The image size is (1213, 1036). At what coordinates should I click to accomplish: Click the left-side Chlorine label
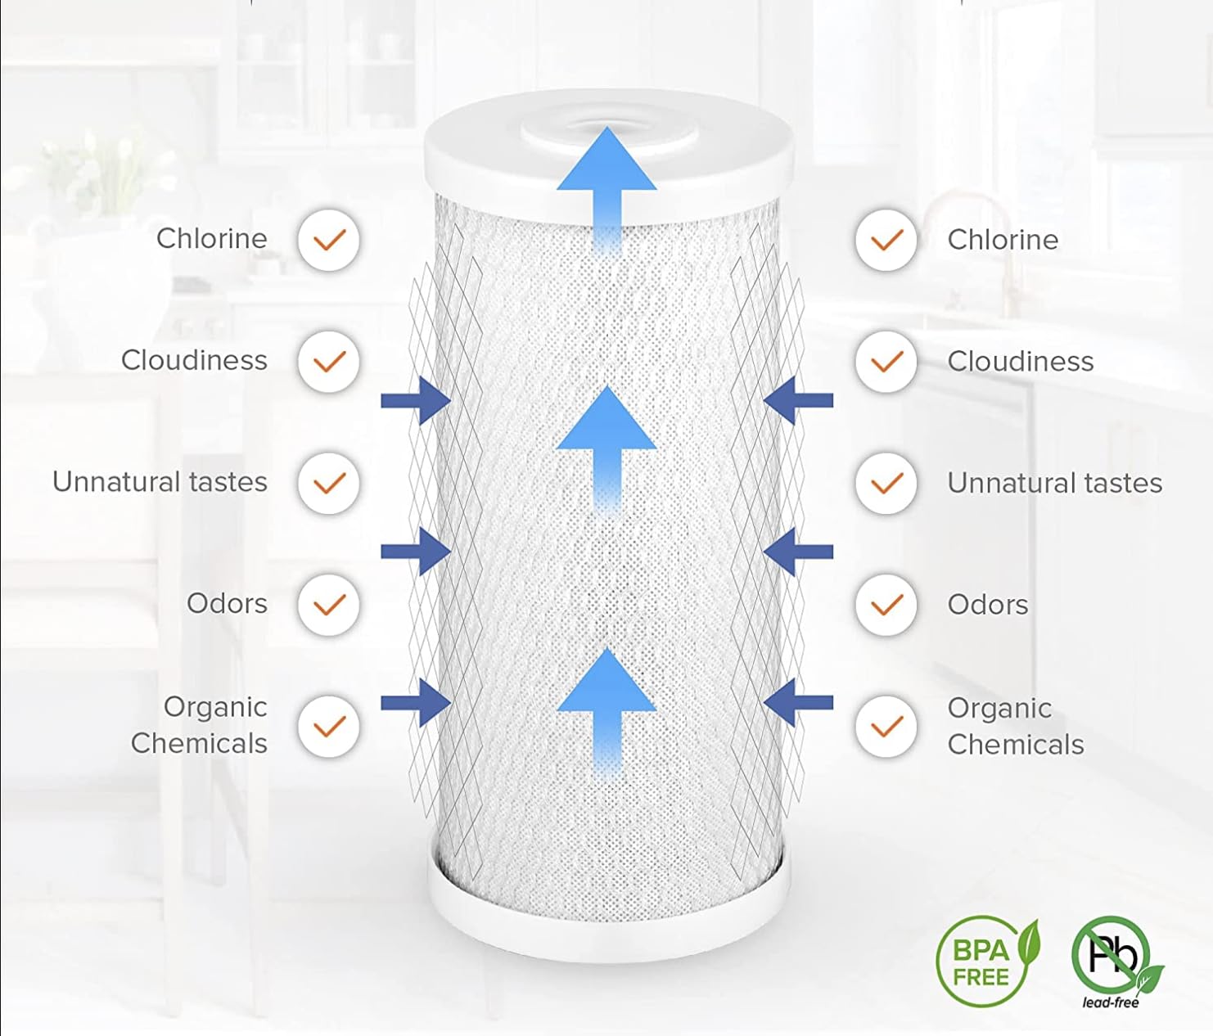[x=212, y=239]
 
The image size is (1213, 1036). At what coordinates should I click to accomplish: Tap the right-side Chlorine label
[x=1003, y=240]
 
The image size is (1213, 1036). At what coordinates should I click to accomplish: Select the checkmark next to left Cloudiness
[x=329, y=362]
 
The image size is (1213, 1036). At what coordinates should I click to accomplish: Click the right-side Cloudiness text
[x=1021, y=362]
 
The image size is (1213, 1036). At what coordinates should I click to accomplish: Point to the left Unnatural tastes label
[x=160, y=482]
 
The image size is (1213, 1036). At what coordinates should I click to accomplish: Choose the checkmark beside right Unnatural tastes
[x=886, y=484]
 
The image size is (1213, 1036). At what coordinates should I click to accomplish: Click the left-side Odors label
[x=227, y=604]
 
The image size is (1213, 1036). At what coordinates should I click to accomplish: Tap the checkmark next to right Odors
[x=886, y=605]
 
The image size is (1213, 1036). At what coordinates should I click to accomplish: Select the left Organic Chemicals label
[x=200, y=725]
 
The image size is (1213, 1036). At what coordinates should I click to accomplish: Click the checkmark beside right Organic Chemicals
[x=886, y=727]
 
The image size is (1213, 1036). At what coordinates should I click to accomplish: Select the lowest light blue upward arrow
[x=606, y=712]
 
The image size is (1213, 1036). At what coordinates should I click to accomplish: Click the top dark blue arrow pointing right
[x=416, y=401]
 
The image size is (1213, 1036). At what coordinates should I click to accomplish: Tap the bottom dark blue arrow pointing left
[x=798, y=703]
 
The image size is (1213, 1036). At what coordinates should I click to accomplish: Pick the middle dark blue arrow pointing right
[x=416, y=552]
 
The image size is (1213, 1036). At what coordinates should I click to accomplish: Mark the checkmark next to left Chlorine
[x=329, y=241]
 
